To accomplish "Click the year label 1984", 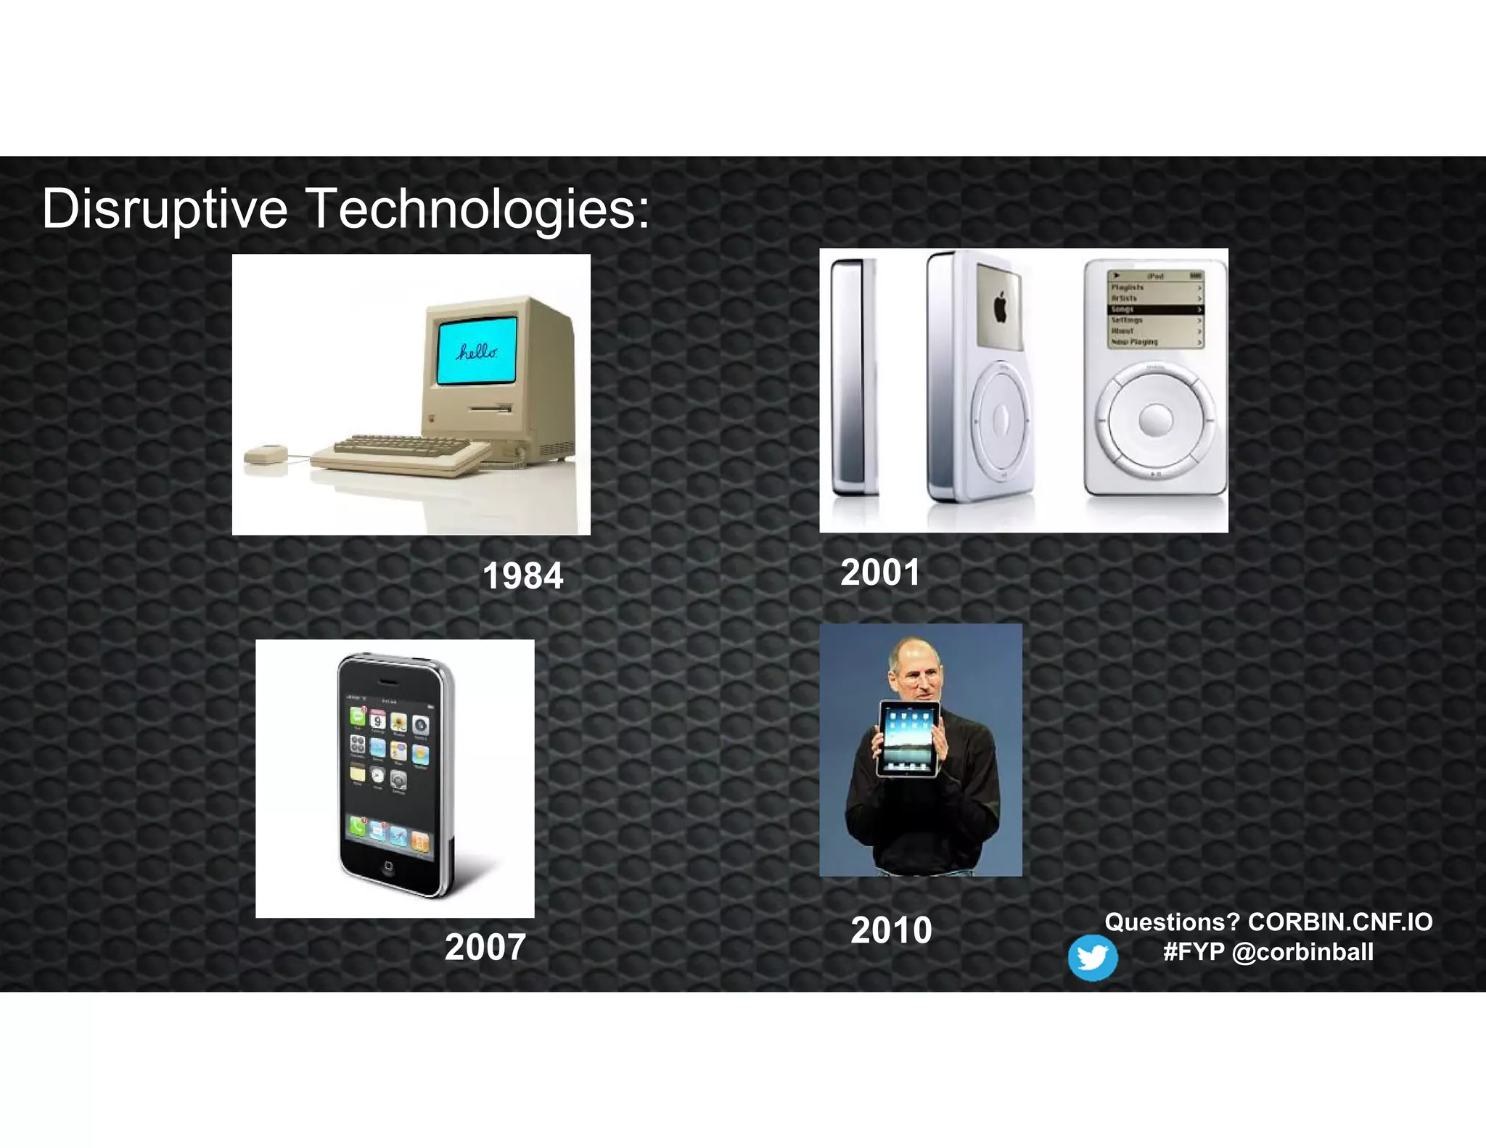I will coord(522,576).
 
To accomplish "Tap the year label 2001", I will coord(880,572).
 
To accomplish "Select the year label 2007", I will coord(485,947).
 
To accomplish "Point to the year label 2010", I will coord(891,930).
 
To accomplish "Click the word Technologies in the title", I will coord(477,209).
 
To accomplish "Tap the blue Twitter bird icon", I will coord(1092,958).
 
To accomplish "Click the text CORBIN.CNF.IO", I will coord(1339,922).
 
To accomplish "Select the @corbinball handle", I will coord(1302,952).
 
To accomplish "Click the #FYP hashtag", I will coord(1194,952).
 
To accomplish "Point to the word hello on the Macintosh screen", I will coord(477,352).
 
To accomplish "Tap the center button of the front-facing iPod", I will coord(1155,419).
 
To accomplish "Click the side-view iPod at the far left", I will coord(853,377).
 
